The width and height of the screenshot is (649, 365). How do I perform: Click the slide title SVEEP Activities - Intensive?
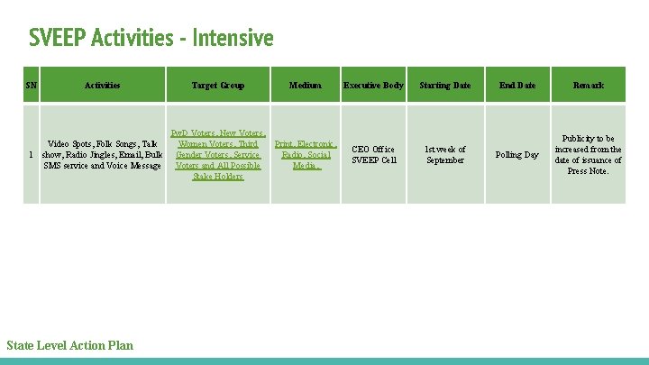point(151,39)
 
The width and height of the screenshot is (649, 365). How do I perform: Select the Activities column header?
point(102,86)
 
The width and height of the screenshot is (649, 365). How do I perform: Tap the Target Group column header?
point(217,86)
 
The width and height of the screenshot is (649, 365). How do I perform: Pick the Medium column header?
point(305,86)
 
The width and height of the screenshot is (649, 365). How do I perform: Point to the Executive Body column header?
point(373,86)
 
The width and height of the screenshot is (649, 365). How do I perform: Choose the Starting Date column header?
point(445,86)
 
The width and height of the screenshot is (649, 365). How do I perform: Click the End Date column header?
point(517,86)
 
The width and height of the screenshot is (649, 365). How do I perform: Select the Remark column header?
point(589,86)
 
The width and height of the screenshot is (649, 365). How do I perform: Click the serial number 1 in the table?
point(32,155)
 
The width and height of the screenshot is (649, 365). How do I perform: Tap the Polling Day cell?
point(517,155)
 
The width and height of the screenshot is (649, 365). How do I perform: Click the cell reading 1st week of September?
point(445,155)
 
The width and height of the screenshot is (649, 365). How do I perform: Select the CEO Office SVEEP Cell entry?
point(373,155)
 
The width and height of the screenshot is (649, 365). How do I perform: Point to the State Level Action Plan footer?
point(69,345)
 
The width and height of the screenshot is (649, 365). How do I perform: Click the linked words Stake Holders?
point(217,177)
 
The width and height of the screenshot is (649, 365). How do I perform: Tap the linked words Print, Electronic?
point(305,144)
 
